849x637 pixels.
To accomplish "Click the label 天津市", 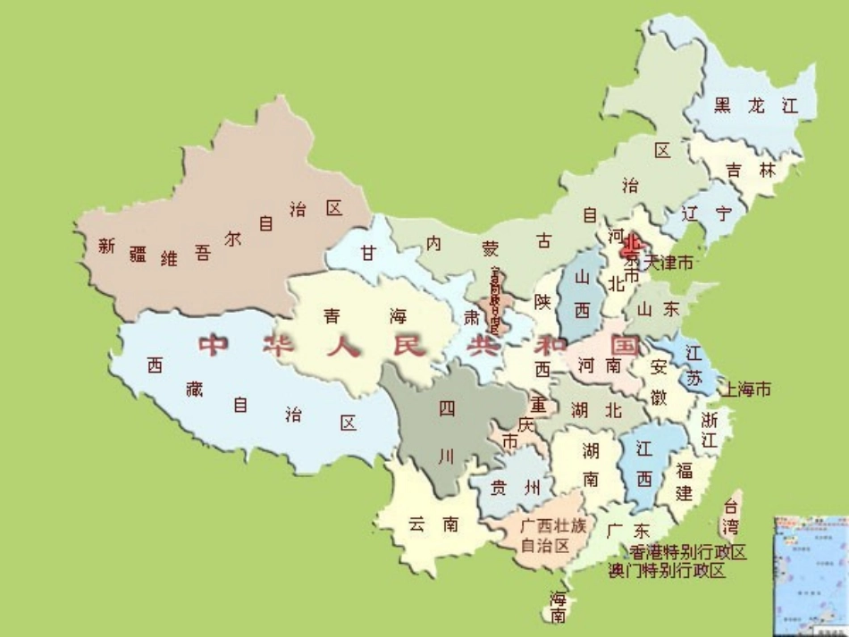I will point(668,264).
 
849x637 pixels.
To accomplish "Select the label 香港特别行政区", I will point(687,552).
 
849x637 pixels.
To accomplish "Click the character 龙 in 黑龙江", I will point(756,105).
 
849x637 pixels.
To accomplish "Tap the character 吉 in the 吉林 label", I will point(734,170).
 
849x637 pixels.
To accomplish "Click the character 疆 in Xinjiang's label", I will point(138,254).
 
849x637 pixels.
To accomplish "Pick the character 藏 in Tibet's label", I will point(195,388).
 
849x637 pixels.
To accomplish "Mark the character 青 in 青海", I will point(332,315).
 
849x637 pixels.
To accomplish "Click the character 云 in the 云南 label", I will point(417,524).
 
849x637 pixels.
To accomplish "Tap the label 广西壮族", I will point(553,526).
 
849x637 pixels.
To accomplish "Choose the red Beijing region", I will point(632,243).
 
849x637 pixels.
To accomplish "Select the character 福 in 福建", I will point(685,471).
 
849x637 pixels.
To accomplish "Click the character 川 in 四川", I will point(447,456).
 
